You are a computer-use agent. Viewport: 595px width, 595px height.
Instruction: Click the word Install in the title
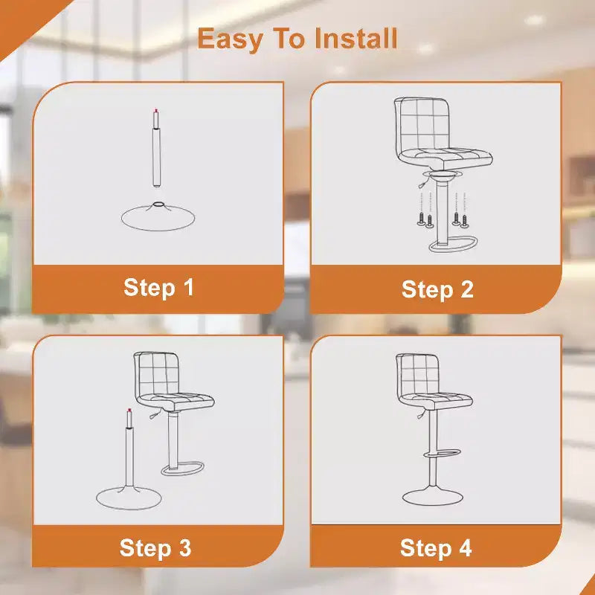tap(356, 39)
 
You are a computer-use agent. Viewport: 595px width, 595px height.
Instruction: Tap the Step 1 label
tap(158, 288)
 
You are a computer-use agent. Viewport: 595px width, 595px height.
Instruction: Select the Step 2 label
tap(437, 290)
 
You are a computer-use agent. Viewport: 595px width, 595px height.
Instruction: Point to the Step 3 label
tap(155, 548)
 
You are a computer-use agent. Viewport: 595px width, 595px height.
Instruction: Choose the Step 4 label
tap(436, 549)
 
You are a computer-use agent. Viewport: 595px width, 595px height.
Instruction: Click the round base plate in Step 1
tap(158, 217)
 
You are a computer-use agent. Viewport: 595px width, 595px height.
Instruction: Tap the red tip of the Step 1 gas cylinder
tap(156, 111)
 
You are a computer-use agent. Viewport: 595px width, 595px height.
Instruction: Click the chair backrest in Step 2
tap(421, 123)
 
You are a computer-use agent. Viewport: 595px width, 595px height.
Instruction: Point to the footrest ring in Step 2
tap(454, 245)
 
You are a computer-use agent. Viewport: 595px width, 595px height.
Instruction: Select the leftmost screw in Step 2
tap(421, 219)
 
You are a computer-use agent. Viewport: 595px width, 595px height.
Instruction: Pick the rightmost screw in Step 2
tap(464, 221)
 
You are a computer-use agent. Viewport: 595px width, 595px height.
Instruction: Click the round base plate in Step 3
tap(129, 498)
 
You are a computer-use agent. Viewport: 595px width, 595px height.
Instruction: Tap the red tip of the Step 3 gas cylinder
tap(129, 411)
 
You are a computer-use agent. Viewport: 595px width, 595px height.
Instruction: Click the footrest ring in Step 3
tap(183, 469)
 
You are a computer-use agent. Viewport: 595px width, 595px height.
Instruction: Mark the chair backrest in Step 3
tap(156, 374)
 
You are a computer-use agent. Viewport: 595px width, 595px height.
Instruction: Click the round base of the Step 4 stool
tap(433, 496)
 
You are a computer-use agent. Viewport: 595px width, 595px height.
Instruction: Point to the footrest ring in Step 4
tap(443, 453)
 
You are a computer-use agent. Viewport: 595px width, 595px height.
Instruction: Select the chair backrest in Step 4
tap(417, 375)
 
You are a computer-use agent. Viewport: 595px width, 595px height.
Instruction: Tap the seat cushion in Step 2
tap(446, 158)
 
